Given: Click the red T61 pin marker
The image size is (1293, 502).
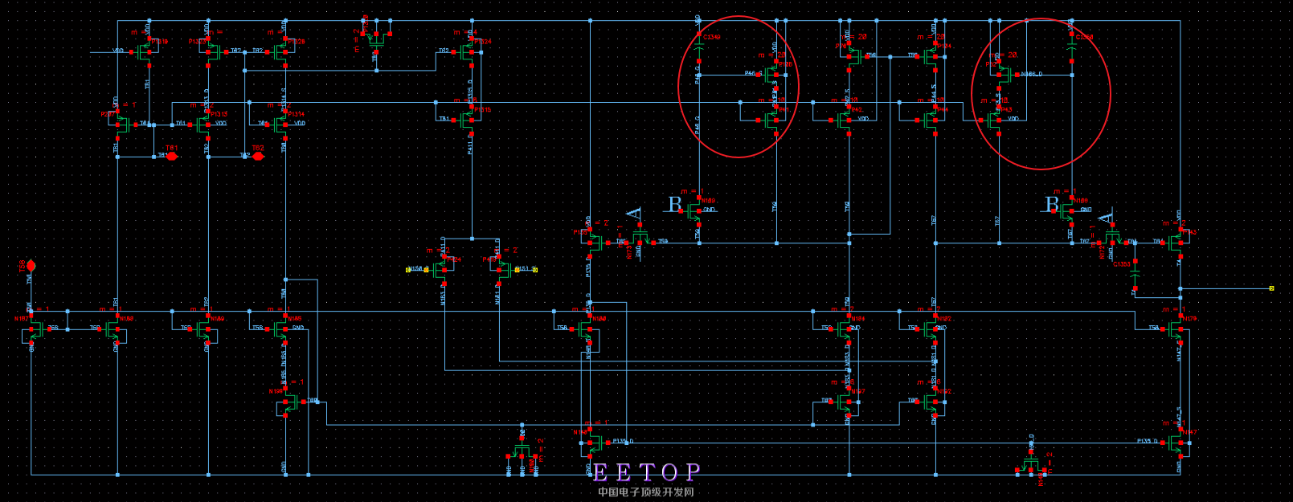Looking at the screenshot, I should coord(171,156).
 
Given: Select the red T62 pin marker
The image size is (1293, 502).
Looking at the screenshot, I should coord(258,156).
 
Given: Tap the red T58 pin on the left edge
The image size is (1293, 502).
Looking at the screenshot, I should coord(31,266).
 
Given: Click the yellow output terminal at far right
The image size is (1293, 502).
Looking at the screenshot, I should coord(1271,288).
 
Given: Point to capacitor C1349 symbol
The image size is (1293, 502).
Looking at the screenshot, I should coord(698,51).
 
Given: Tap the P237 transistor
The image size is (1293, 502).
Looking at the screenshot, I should coord(121,124).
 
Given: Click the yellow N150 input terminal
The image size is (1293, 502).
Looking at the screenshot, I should coord(408,270).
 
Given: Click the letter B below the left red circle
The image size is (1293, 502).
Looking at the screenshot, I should coord(675,206).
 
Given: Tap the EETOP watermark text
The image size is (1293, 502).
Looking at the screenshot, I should coord(646,471).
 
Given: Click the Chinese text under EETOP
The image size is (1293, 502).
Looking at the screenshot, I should coord(645,492).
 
